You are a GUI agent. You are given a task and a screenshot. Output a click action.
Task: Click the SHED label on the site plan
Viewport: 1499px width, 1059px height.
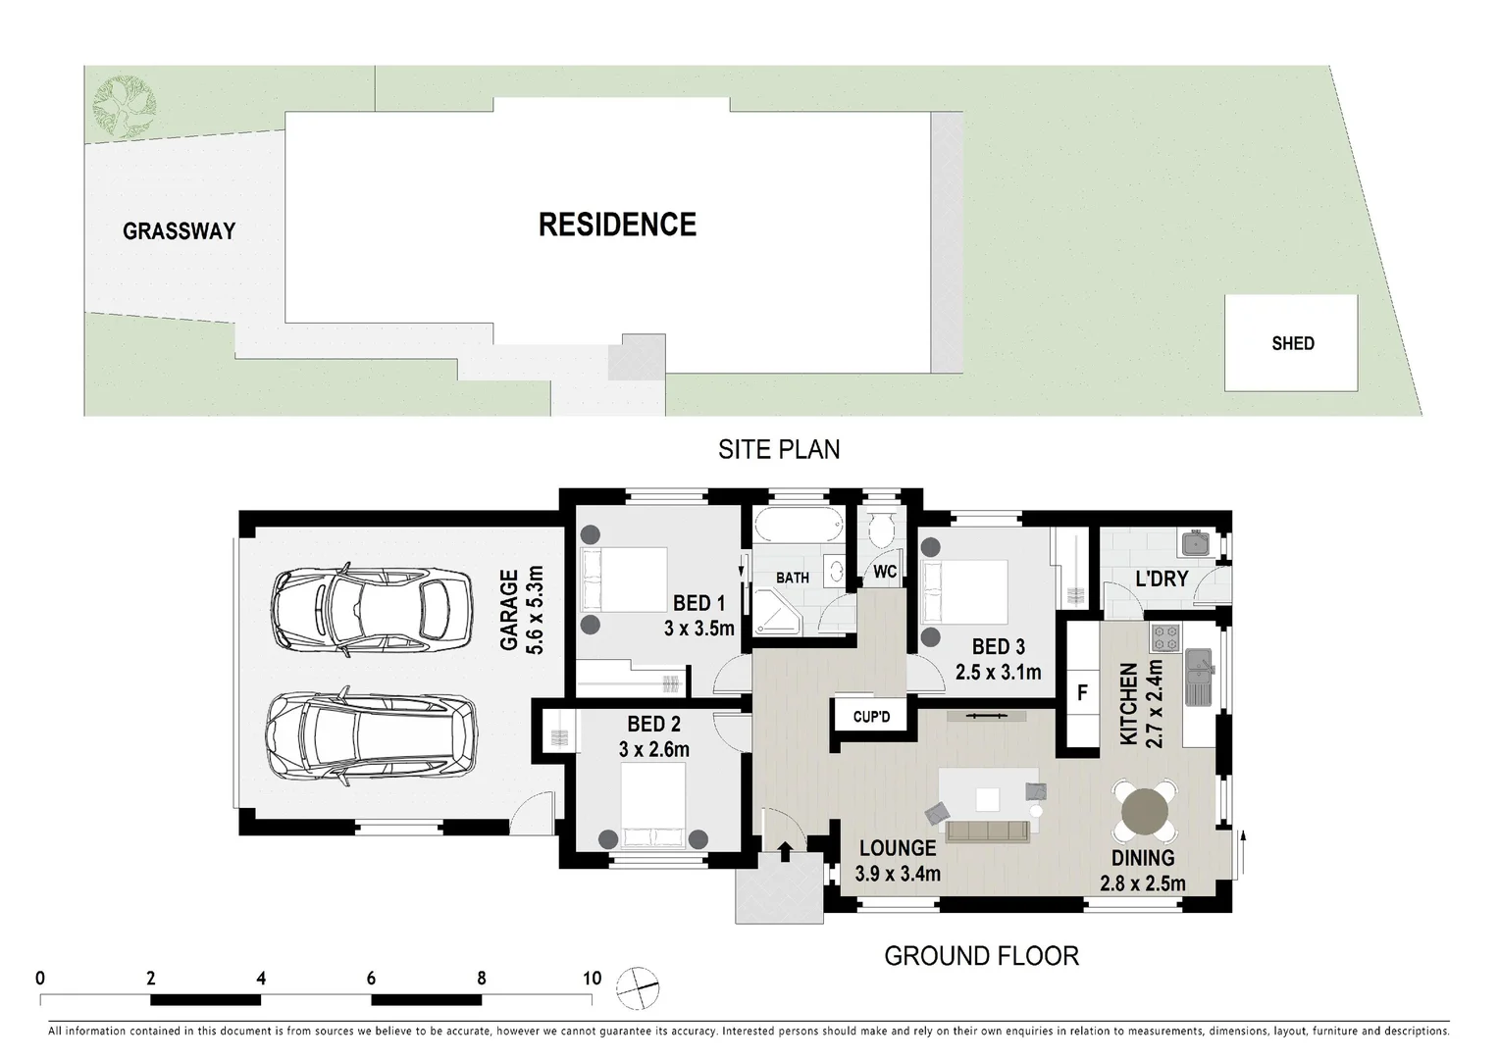click(1292, 343)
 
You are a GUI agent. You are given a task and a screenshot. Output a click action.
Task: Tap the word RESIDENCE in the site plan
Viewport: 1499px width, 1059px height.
click(617, 225)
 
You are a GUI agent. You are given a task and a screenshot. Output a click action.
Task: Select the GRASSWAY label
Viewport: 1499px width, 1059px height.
click(179, 231)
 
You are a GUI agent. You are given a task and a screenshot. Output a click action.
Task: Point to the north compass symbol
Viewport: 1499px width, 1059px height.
click(638, 986)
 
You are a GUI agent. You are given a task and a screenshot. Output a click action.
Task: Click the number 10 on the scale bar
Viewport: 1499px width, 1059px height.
click(592, 978)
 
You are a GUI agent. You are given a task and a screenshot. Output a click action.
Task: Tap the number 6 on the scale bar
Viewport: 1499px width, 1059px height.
click(371, 978)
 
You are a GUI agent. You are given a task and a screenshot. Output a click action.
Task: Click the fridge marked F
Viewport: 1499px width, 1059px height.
click(1082, 693)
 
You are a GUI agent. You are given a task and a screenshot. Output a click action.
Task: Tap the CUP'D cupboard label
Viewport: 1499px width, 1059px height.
click(871, 717)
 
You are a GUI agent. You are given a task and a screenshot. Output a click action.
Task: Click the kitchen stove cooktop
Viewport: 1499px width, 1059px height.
click(1164, 639)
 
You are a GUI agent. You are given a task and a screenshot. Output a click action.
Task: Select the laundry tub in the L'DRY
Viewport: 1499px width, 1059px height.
click(1195, 544)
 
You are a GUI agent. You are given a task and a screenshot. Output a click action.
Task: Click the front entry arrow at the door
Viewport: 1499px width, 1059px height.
click(785, 850)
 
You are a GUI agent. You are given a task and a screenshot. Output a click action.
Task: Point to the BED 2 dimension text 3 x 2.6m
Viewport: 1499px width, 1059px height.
click(653, 750)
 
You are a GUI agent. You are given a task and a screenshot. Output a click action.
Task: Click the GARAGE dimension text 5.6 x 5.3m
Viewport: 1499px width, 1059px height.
click(535, 610)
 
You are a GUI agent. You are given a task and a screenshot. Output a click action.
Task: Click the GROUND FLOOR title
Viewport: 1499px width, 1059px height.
click(981, 956)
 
